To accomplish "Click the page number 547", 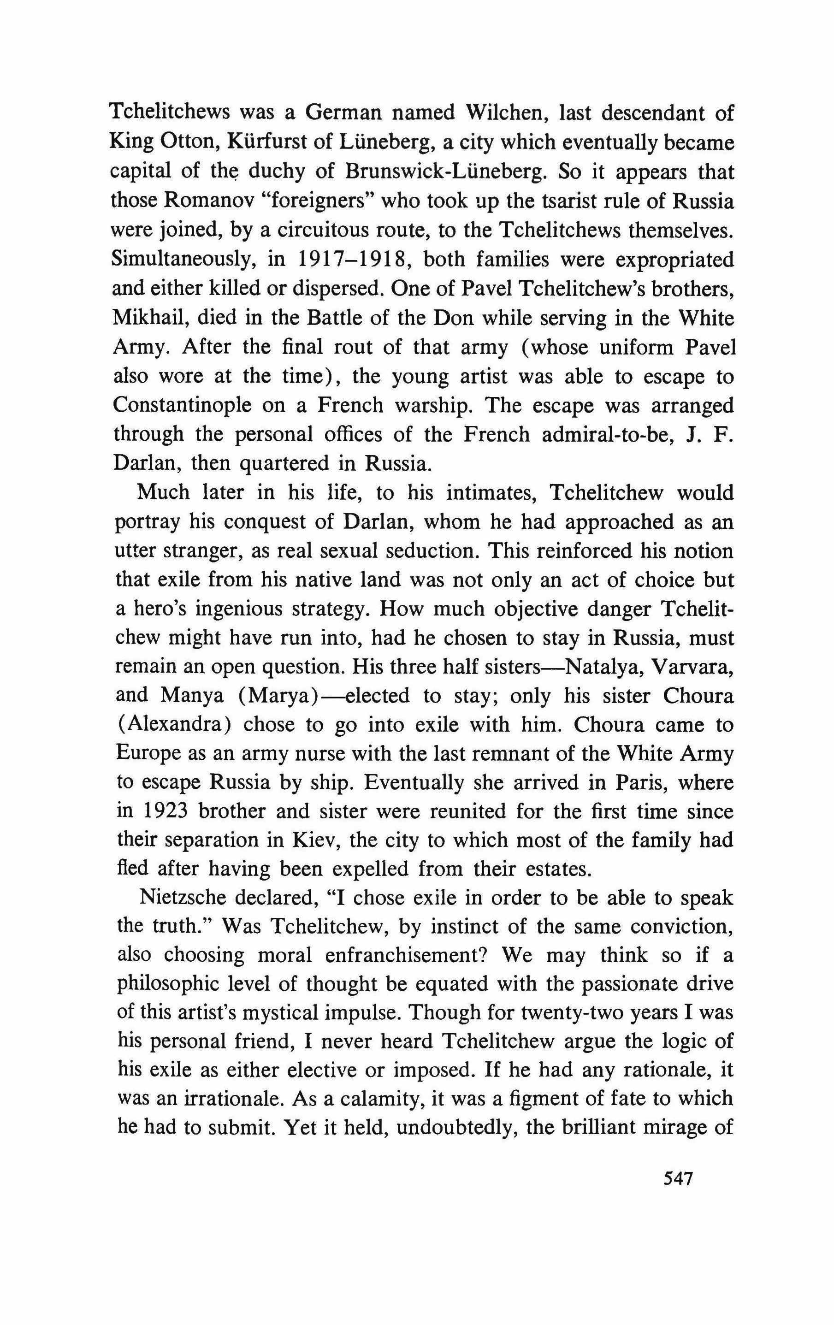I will point(677,1194).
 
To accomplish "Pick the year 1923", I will point(162,812).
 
